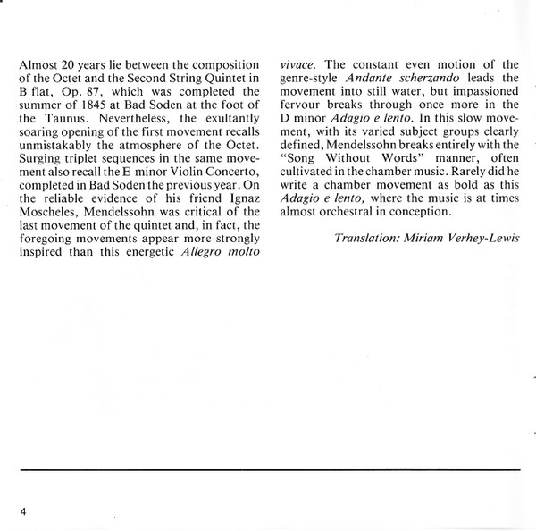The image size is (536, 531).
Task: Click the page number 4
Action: [21, 510]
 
